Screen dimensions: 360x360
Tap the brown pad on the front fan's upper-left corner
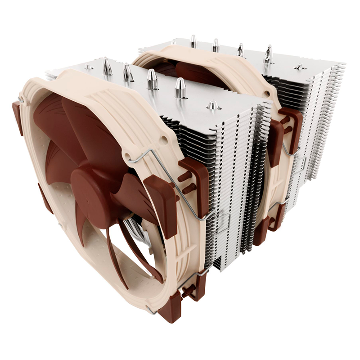pyautogui.click(x=18, y=117)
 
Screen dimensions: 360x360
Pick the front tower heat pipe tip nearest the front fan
pyautogui.click(x=107, y=67)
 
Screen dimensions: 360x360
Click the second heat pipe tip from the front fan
pyautogui.click(x=128, y=72)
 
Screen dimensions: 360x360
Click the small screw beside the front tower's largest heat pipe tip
pyautogui.click(x=213, y=106)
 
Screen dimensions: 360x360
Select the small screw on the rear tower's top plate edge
pyautogui.click(x=299, y=67)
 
